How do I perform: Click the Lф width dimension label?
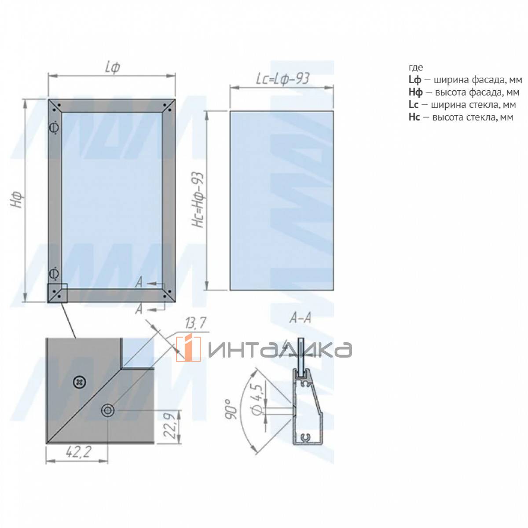coord(112,67)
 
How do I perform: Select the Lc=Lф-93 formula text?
coord(282,79)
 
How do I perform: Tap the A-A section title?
coord(300,319)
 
